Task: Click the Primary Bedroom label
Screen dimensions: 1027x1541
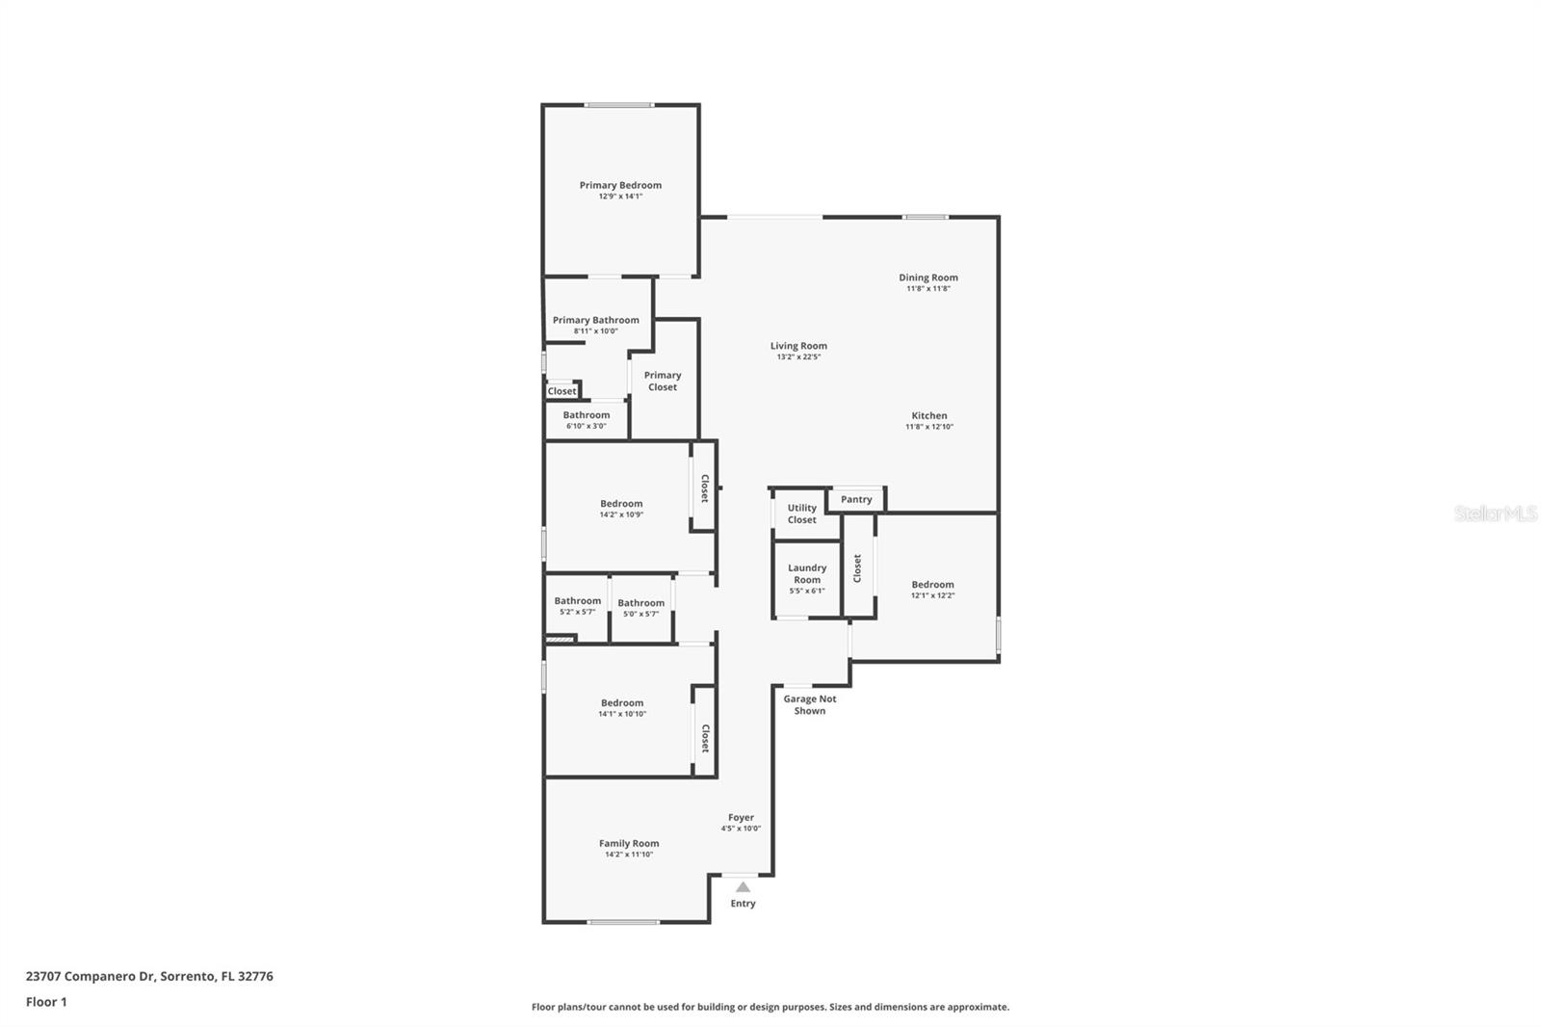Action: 620,185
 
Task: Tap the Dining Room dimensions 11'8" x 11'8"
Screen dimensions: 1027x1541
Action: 927,289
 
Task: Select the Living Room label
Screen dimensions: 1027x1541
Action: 798,346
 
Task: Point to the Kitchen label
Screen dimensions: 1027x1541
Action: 929,415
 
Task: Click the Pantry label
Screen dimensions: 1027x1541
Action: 856,499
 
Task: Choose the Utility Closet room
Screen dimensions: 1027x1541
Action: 801,513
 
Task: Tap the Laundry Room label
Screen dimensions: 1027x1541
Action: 807,573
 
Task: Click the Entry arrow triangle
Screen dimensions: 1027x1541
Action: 743,886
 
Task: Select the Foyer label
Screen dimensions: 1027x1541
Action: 741,817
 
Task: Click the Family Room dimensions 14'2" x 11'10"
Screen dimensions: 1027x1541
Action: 629,855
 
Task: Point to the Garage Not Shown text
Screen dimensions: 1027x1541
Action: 810,705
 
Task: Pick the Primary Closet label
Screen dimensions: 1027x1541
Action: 663,382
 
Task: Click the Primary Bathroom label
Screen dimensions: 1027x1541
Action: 595,320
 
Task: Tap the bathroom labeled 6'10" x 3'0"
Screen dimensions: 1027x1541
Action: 586,420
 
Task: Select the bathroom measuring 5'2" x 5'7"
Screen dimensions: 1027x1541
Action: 577,606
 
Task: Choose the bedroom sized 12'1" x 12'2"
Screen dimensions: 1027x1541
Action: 932,589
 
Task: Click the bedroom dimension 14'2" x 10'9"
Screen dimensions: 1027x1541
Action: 621,514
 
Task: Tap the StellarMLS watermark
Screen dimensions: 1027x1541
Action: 1495,513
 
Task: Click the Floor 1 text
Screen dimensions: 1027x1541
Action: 46,1002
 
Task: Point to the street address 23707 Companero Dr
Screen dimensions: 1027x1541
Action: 91,976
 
